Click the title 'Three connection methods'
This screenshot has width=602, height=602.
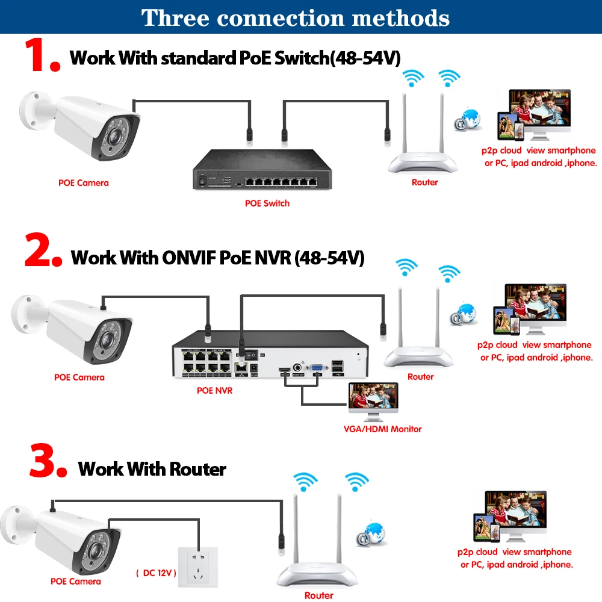point(296,17)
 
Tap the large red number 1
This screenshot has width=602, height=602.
point(41,56)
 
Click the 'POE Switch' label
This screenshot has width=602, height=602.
point(267,203)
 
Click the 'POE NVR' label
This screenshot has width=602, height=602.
point(214,390)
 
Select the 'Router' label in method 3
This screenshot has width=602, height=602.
point(318,595)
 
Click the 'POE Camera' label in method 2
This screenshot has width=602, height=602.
point(79,377)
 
